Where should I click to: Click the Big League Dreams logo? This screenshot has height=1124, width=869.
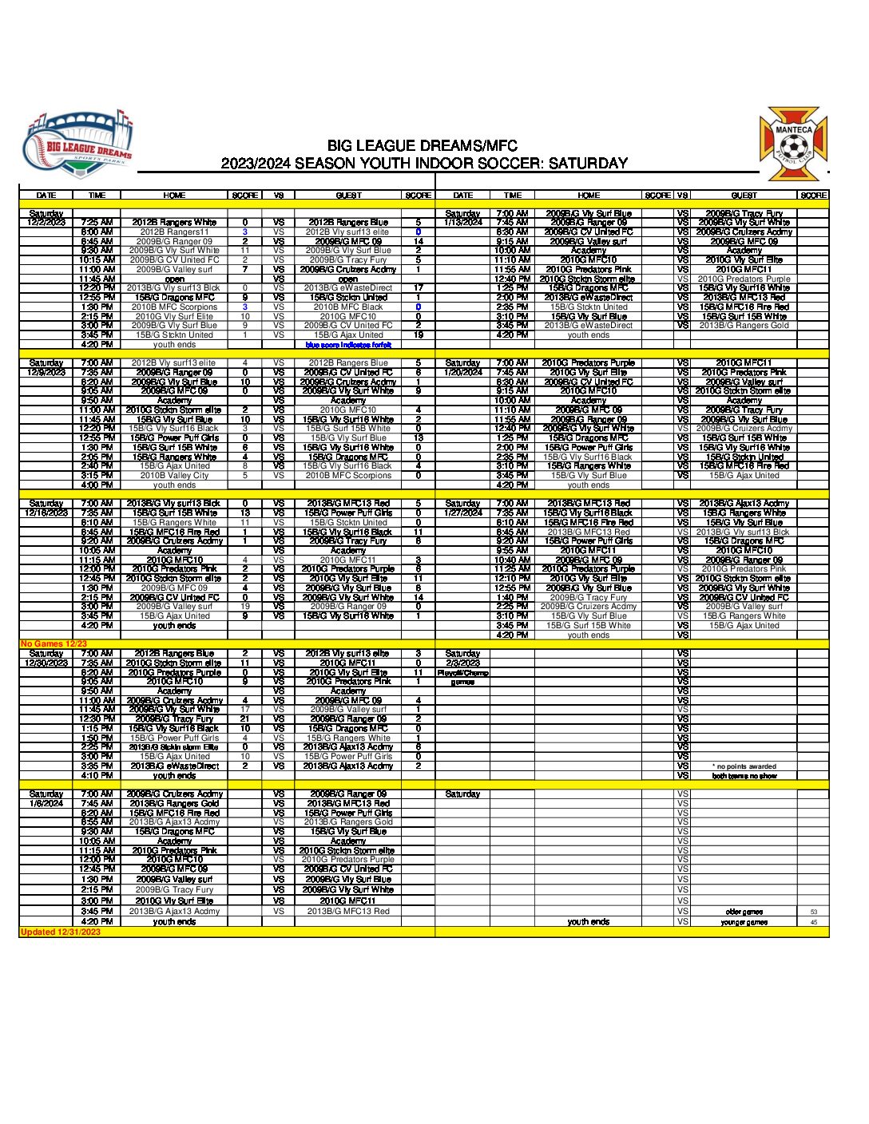(x=77, y=146)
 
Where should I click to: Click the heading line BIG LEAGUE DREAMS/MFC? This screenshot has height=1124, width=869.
(x=423, y=146)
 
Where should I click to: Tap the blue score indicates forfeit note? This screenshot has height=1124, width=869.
(x=348, y=345)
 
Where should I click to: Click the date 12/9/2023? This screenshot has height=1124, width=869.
(x=46, y=372)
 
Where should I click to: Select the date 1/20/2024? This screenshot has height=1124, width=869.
(x=463, y=372)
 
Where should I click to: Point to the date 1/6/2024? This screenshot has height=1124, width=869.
(x=46, y=803)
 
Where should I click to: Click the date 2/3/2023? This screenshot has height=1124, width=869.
(x=463, y=663)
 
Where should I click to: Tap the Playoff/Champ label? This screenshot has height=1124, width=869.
(x=463, y=672)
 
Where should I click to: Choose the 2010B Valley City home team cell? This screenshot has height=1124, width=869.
(x=174, y=475)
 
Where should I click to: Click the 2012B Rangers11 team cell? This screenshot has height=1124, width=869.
(x=174, y=232)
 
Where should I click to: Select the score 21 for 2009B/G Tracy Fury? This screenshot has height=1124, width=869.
(x=245, y=718)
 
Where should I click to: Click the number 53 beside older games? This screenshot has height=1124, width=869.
(x=814, y=912)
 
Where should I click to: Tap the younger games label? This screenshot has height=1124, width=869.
(x=744, y=922)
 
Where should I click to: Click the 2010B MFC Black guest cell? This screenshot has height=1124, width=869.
(x=348, y=307)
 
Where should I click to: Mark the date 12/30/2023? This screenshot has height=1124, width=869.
(x=46, y=663)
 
